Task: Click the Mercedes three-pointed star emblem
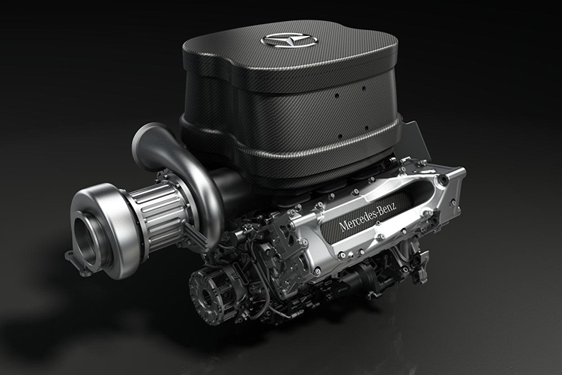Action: pos(289,39)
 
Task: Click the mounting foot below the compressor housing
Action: pos(74,259)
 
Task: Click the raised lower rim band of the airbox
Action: pos(300,160)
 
